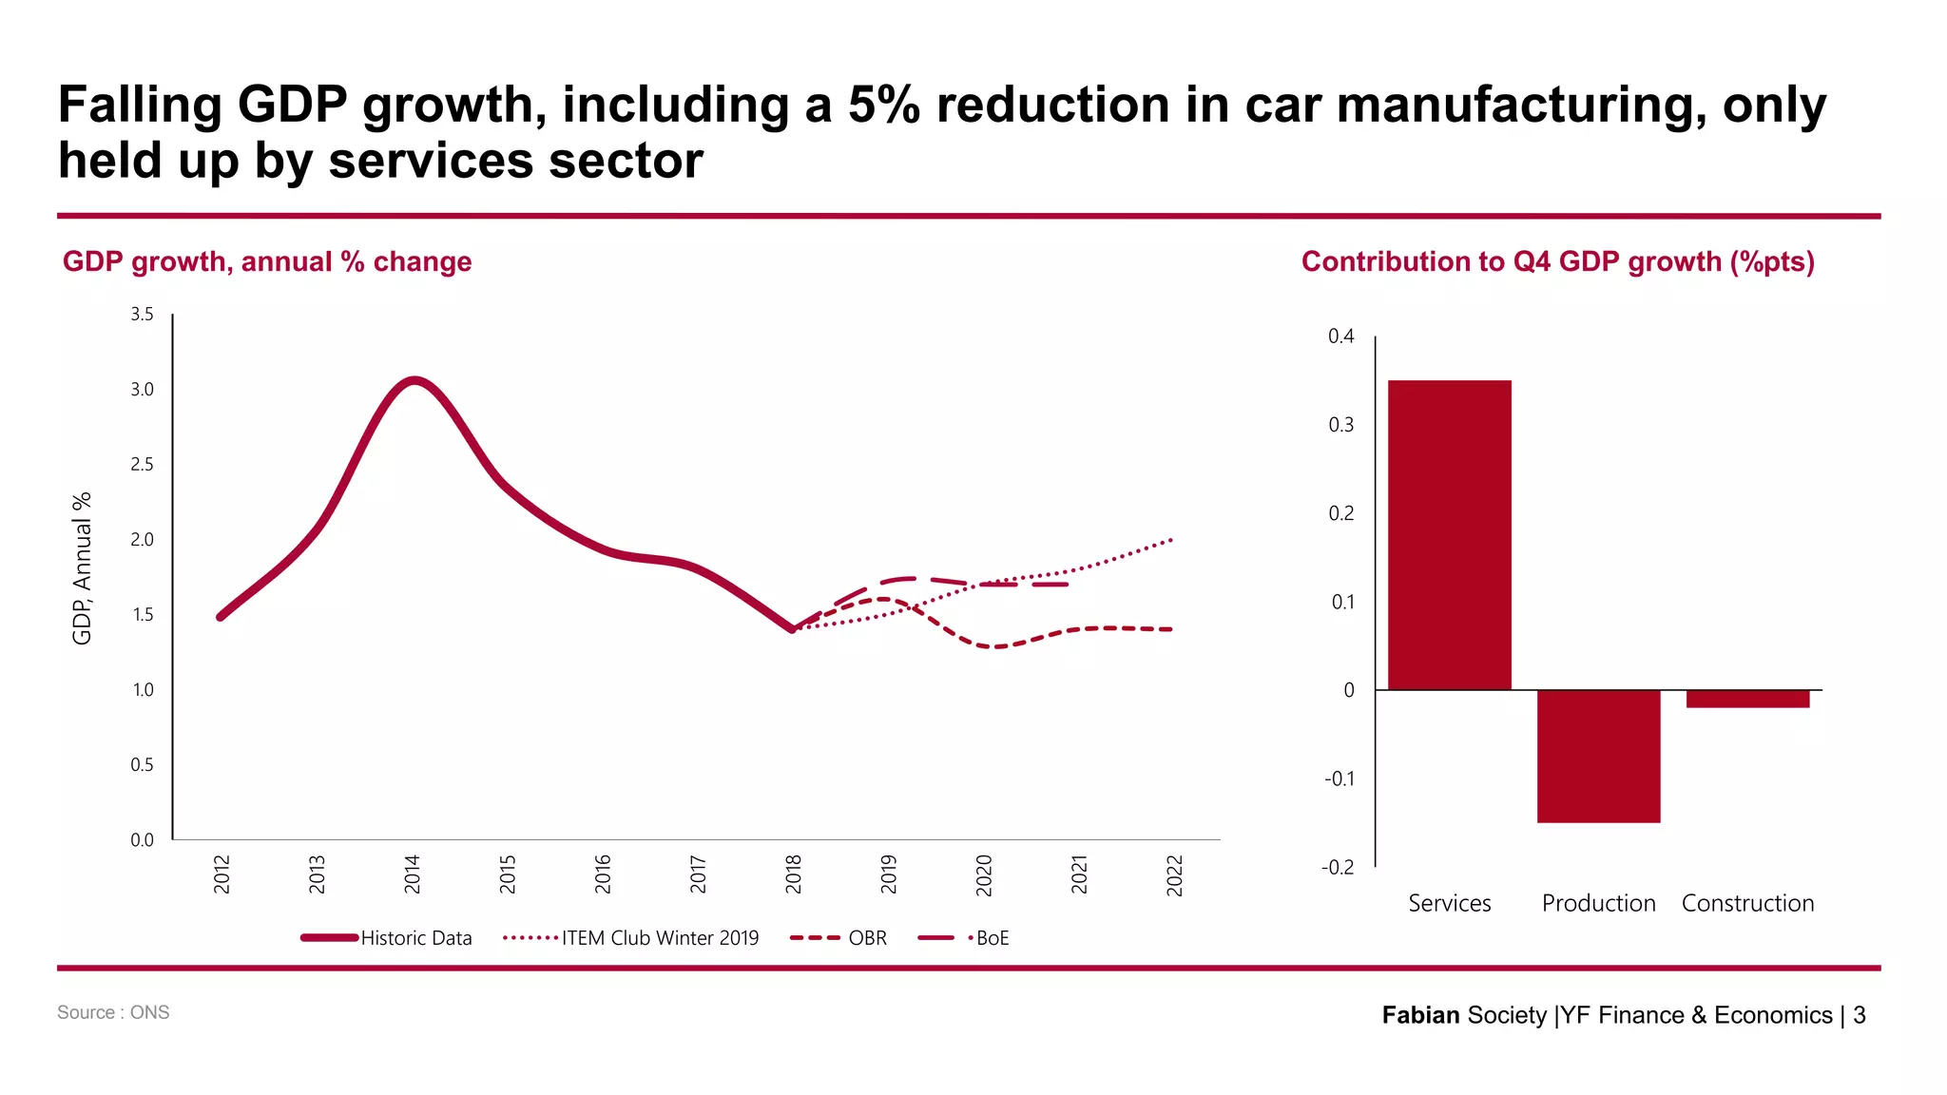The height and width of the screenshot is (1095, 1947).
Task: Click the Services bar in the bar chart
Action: point(1449,535)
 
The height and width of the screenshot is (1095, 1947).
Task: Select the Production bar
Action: point(1598,756)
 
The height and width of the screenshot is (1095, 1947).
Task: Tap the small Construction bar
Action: point(1747,699)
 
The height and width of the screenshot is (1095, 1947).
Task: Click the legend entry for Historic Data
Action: point(415,938)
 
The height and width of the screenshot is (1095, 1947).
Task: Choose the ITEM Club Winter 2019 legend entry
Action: point(660,938)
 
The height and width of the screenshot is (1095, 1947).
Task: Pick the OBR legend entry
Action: point(866,938)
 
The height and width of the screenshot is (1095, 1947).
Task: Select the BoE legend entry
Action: point(992,938)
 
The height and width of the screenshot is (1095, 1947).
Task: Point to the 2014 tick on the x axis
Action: point(412,874)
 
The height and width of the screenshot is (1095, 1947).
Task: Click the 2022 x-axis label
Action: point(1174,874)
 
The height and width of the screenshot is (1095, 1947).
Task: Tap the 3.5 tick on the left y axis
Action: point(142,315)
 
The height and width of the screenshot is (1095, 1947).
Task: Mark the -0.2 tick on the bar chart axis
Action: point(1337,867)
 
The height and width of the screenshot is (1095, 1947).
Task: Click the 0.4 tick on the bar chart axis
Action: point(1340,336)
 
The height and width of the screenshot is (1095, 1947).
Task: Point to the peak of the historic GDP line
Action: point(414,381)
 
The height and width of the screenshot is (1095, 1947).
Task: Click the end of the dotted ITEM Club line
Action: point(1170,540)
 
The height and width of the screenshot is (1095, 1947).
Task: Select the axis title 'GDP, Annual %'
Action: point(83,568)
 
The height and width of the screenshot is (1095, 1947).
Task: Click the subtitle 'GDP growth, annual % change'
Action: point(267,261)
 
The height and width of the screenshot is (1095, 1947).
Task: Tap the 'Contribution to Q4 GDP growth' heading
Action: point(1557,261)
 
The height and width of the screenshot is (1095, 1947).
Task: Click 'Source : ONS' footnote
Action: point(113,1012)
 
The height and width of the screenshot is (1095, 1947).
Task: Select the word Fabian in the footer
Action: point(1420,1015)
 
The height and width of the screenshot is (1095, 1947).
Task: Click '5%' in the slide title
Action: point(883,105)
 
